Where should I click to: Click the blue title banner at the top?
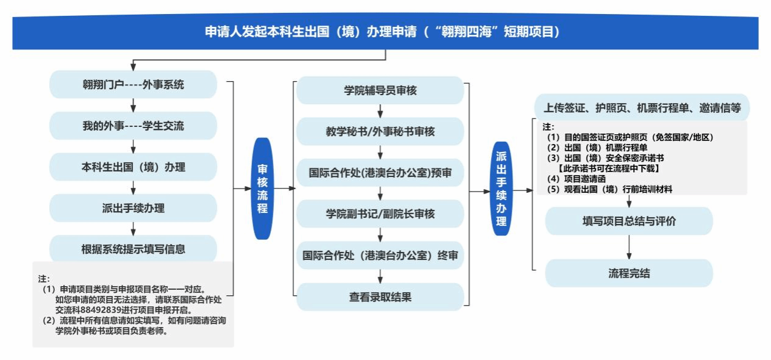coord(385,32)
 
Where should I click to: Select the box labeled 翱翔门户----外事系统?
coord(133,85)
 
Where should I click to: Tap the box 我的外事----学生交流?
coord(133,126)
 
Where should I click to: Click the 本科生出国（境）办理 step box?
coord(133,167)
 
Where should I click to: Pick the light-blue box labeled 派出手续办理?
coord(133,208)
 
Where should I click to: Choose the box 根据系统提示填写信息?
coord(133,249)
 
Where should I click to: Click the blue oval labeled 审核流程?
coord(262,189)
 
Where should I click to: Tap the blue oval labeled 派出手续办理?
coord(501,189)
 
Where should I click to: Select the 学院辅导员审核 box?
coord(380,91)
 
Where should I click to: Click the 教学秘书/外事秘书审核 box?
coord(380,132)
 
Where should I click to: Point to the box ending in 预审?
coord(380,173)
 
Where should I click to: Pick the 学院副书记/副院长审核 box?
coord(380,214)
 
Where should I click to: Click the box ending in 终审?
coord(380,256)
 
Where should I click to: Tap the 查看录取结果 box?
coord(380,297)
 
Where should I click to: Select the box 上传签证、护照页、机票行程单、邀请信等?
coord(642,109)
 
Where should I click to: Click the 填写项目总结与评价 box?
coord(629,221)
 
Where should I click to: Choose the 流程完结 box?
coord(629,273)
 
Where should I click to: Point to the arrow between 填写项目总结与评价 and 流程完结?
coord(629,247)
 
